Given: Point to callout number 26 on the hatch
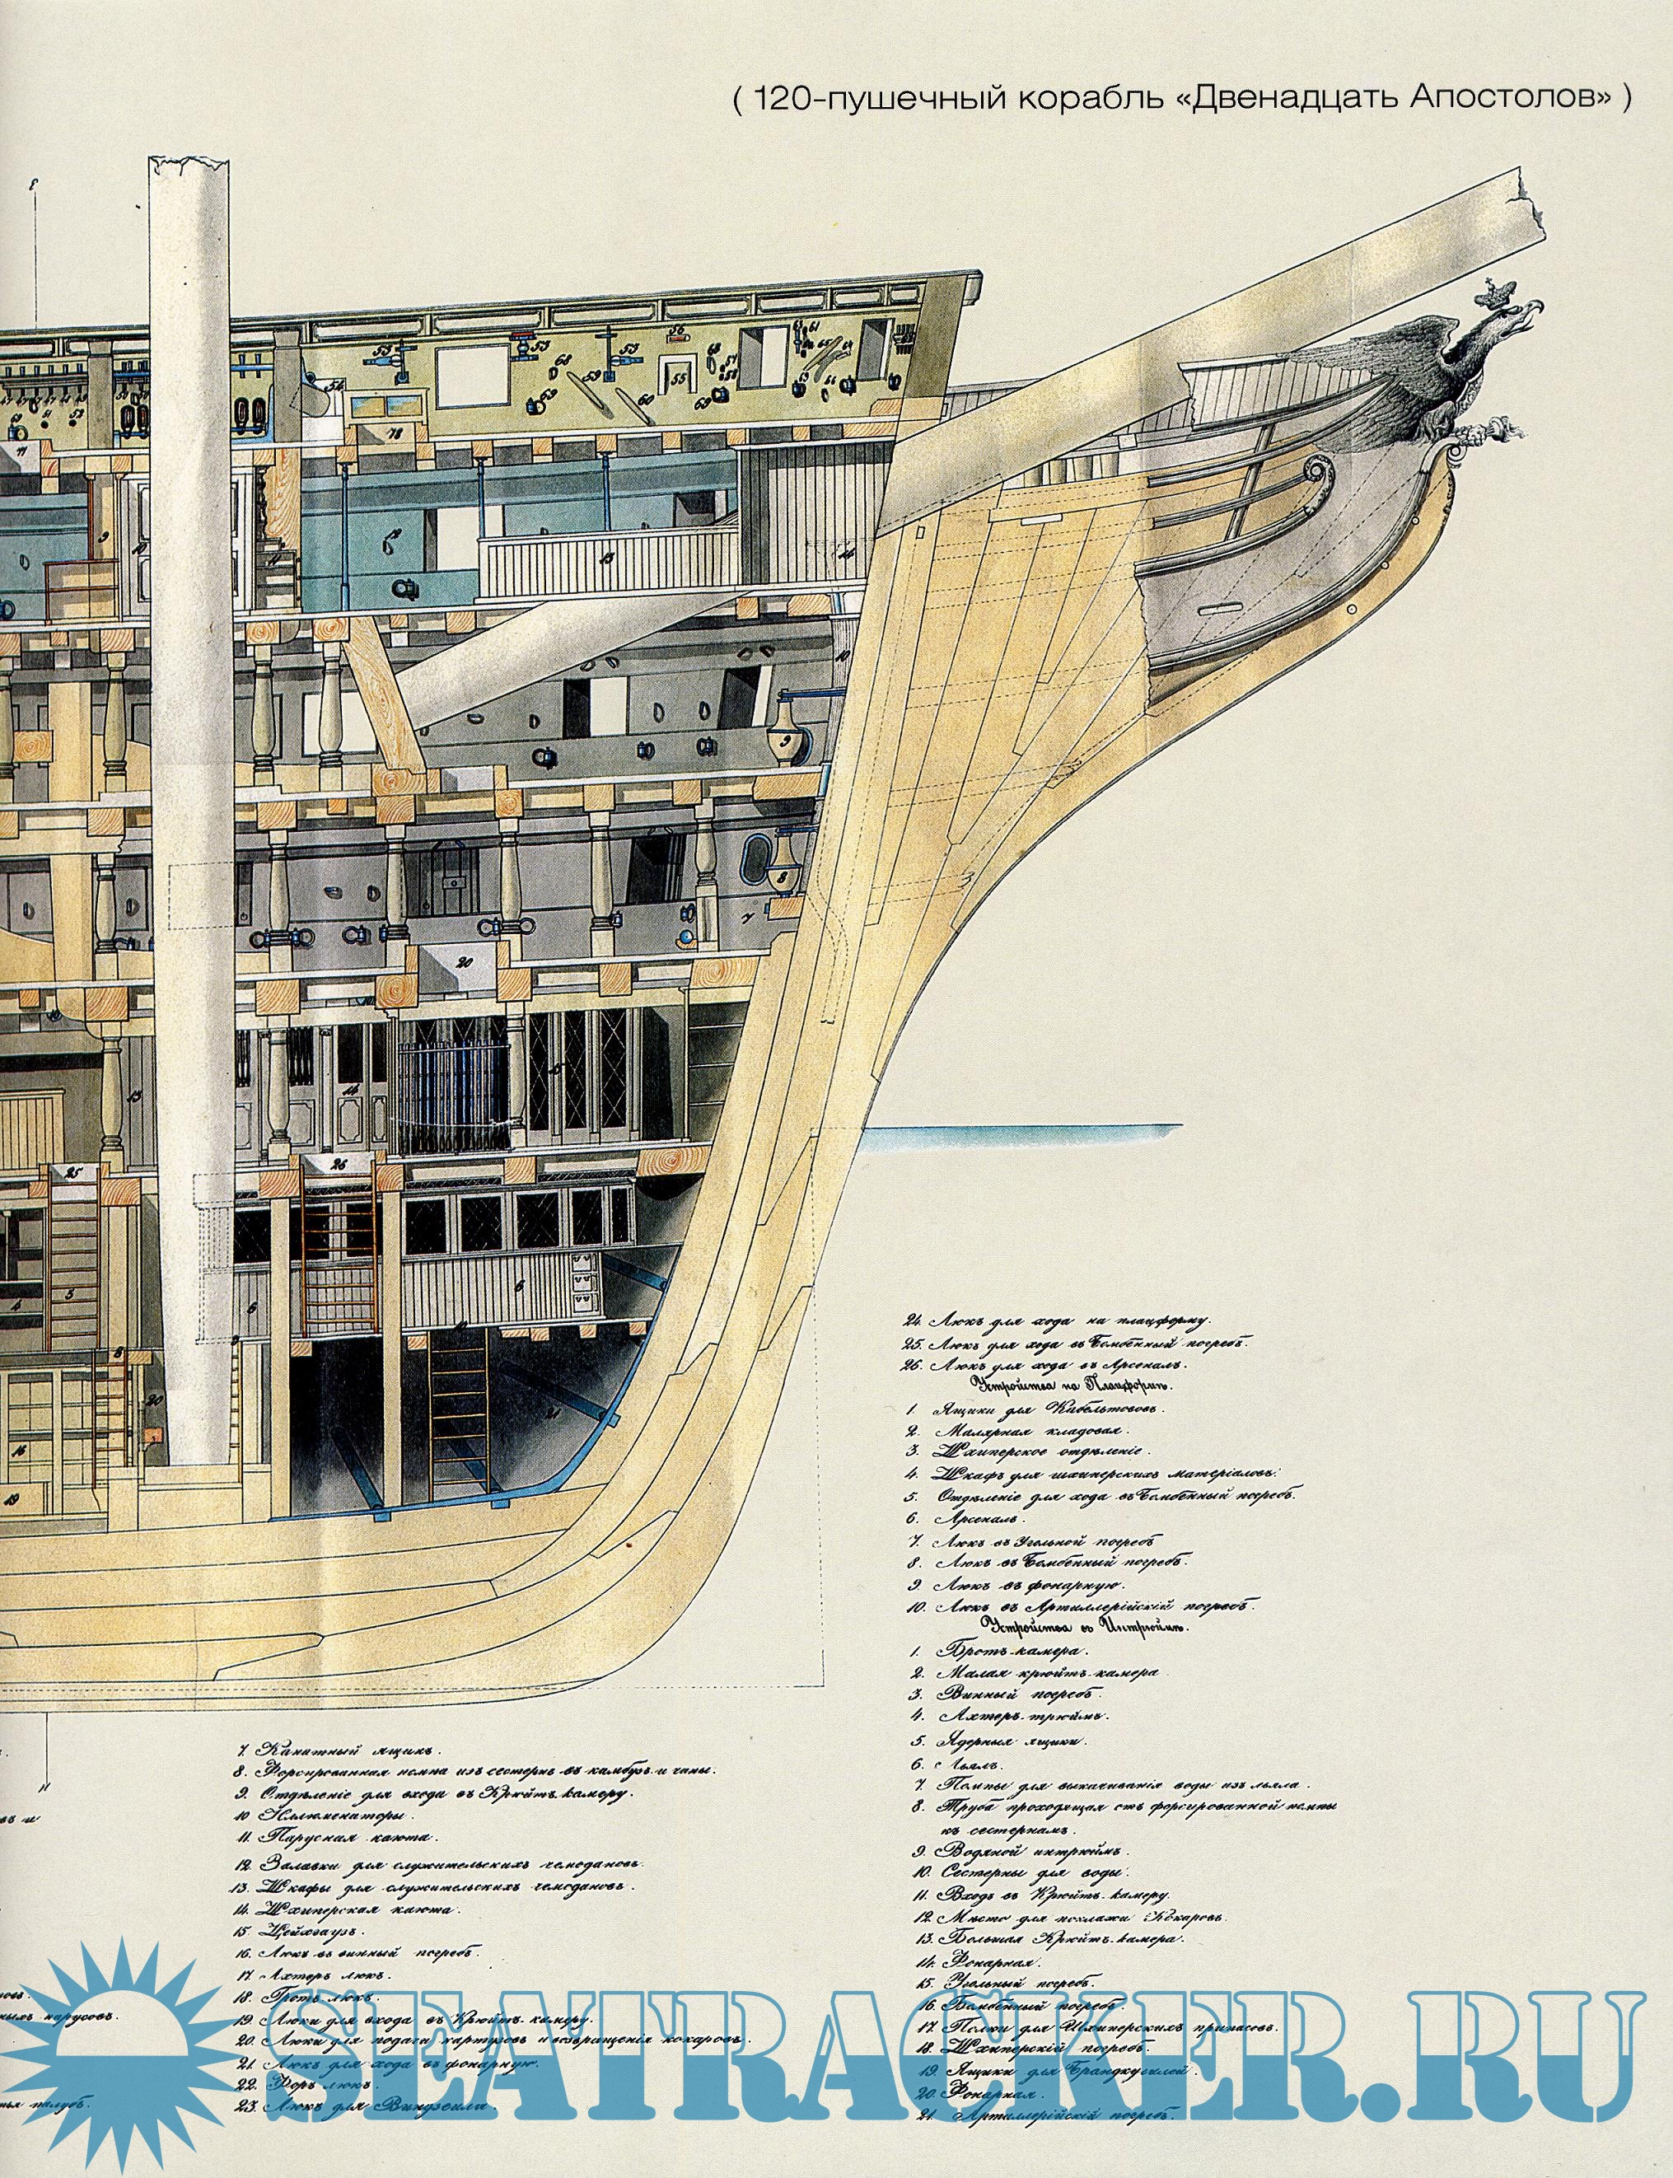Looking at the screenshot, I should tap(339, 1165).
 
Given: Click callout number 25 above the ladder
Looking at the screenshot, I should tap(72, 1173).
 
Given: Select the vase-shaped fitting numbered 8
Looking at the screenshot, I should tap(783, 876).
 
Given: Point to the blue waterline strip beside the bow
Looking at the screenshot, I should tap(1025, 1133).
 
